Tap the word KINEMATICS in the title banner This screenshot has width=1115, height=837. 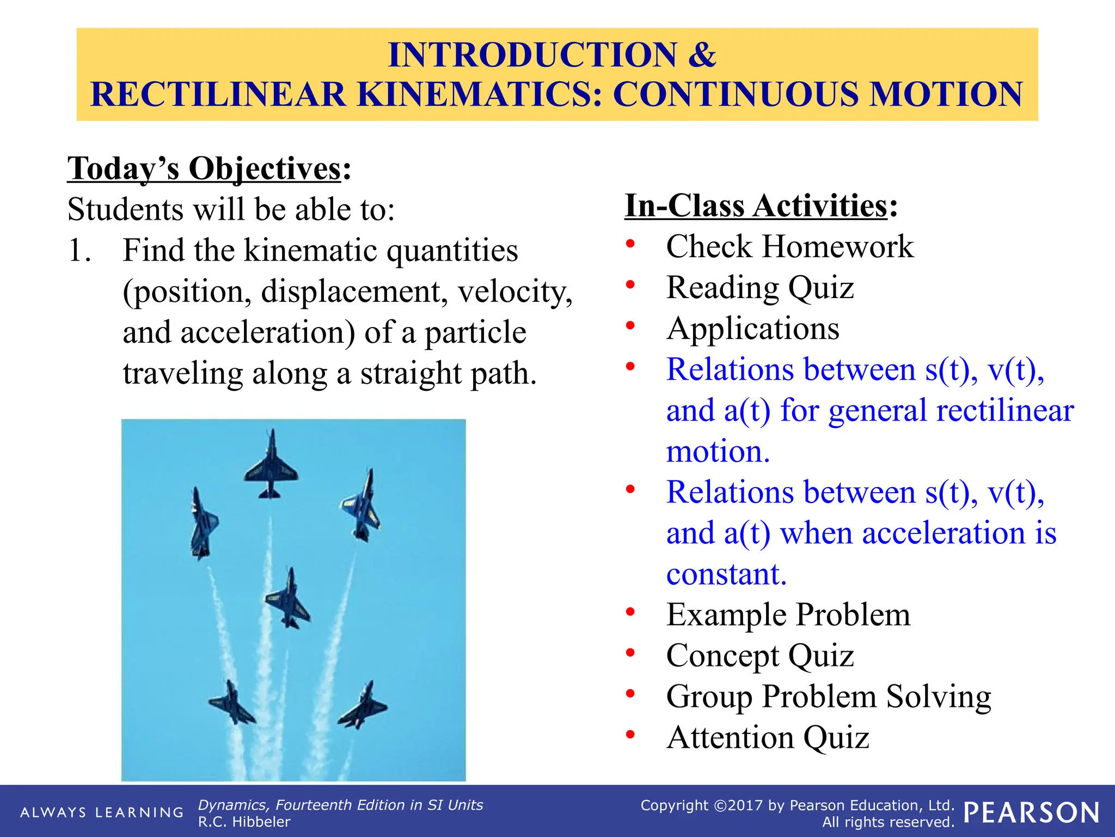479,94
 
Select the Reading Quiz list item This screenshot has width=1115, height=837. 759,288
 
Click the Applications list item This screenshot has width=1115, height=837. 752,329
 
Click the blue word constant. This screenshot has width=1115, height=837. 726,574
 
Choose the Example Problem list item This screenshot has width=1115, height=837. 788,615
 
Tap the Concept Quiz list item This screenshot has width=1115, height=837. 759,656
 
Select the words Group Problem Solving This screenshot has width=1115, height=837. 828,696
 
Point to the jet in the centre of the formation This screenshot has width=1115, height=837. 287,599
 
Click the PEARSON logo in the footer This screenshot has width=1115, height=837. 1031,812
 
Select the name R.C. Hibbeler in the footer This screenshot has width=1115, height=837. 244,822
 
